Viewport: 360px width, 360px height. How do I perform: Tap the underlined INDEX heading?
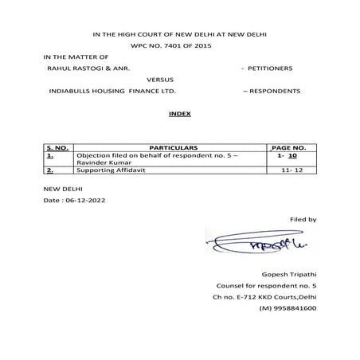click(179, 115)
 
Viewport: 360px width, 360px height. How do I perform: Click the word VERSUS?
click(160, 80)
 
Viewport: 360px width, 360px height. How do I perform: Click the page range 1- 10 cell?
click(287, 157)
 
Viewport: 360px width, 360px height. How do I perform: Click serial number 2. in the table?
click(50, 170)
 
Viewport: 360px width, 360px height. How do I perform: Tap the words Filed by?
click(302, 218)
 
